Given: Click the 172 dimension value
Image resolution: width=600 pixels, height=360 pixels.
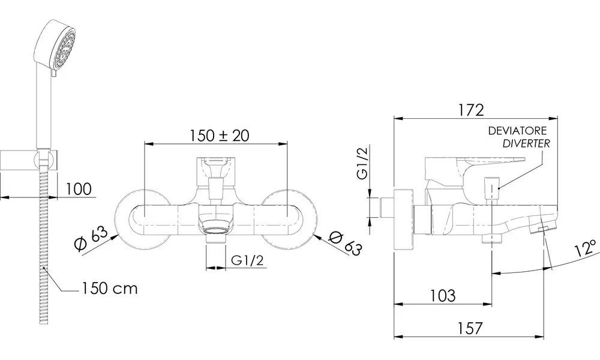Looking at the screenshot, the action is click(470, 110).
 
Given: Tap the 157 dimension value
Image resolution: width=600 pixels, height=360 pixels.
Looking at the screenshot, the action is click(470, 328).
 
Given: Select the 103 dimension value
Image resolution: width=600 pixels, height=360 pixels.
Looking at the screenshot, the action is click(443, 295).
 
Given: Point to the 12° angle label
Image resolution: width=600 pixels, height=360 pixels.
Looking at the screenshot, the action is click(586, 248).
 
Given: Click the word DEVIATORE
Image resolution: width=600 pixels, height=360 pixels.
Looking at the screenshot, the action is click(517, 131).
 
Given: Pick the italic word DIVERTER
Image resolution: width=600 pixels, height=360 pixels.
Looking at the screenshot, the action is click(526, 143).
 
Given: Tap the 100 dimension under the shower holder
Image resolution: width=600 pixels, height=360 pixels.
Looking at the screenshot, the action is click(79, 188).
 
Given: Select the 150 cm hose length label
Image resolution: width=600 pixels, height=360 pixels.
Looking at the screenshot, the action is click(109, 288).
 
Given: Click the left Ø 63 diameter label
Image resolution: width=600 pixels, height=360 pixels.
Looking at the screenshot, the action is click(91, 239).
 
